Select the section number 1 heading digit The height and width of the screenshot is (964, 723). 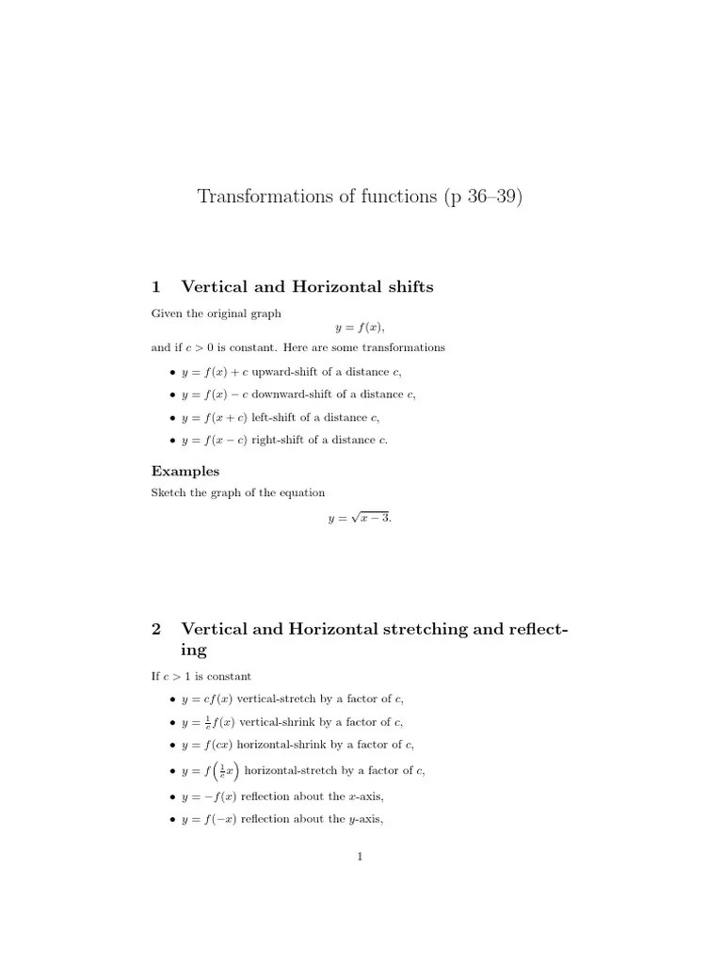(x=156, y=287)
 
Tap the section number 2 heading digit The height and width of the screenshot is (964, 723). (x=156, y=629)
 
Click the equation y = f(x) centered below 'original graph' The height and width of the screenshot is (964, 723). (x=361, y=328)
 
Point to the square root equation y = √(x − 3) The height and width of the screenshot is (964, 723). (x=361, y=517)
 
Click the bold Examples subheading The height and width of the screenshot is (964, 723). (x=185, y=471)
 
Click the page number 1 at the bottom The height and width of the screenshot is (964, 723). (x=361, y=857)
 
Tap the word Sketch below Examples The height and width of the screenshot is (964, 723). (x=168, y=492)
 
